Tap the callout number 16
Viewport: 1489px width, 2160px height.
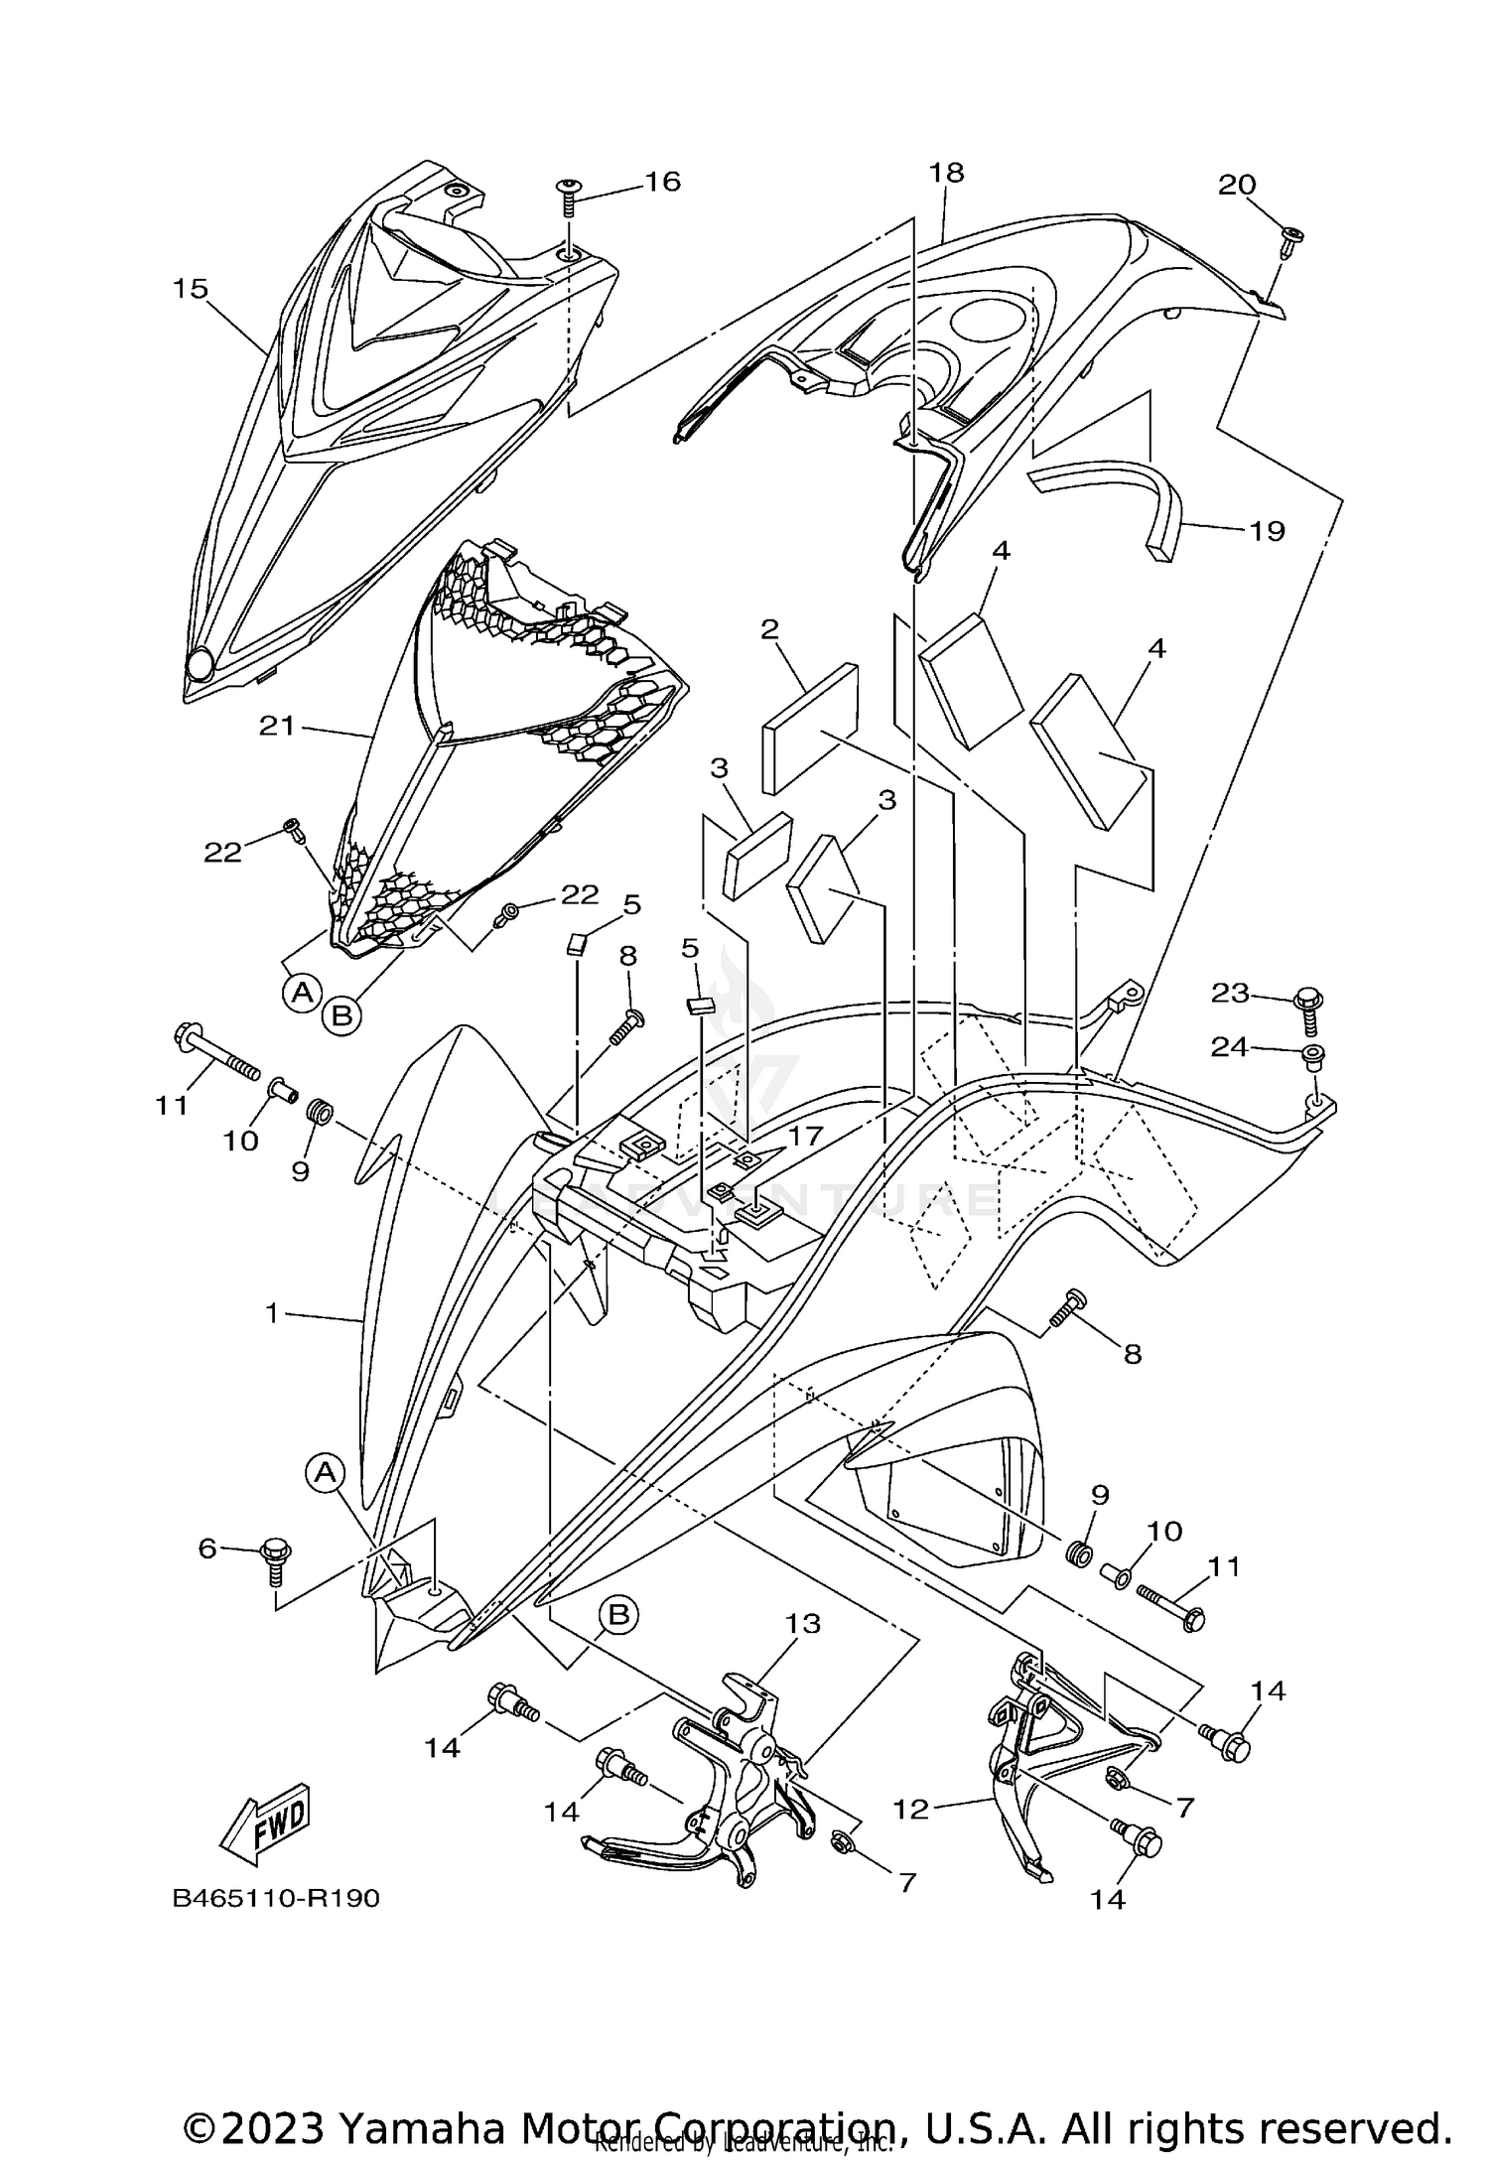pyautogui.click(x=662, y=182)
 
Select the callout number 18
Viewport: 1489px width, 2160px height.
pyautogui.click(x=946, y=173)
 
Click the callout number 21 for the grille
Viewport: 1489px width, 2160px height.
pyautogui.click(x=277, y=727)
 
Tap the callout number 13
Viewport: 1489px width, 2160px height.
pyautogui.click(x=803, y=1624)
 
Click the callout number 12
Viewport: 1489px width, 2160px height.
pyautogui.click(x=910, y=1810)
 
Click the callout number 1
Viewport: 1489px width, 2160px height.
pyautogui.click(x=271, y=1313)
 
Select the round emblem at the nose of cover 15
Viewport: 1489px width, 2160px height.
pyautogui.click(x=202, y=664)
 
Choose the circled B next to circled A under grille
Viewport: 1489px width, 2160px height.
pyautogui.click(x=340, y=1015)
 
